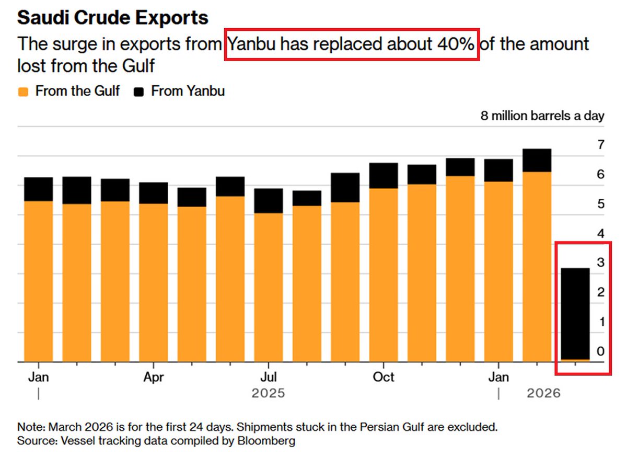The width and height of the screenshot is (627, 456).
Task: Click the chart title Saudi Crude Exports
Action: pos(113,18)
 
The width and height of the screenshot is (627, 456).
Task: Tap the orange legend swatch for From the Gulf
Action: pos(22,92)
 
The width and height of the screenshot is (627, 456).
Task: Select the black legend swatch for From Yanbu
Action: pos(138,92)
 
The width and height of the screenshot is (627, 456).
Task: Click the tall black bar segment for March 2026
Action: pos(575,314)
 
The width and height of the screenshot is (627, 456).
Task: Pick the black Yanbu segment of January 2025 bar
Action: pos(38,189)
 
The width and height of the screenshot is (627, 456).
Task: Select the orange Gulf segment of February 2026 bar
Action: pos(537,267)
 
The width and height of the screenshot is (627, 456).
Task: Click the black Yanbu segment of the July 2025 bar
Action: pos(269,201)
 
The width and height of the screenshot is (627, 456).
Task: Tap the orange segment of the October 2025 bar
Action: pos(384,275)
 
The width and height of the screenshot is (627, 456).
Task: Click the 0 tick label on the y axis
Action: pos(600,351)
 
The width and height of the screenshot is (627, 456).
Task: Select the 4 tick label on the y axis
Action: pos(600,233)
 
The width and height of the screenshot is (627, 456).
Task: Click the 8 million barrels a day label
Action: pos(542,116)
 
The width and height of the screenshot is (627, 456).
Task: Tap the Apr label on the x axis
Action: pos(154,377)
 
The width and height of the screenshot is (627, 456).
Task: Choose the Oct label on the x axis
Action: pos(384,377)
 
